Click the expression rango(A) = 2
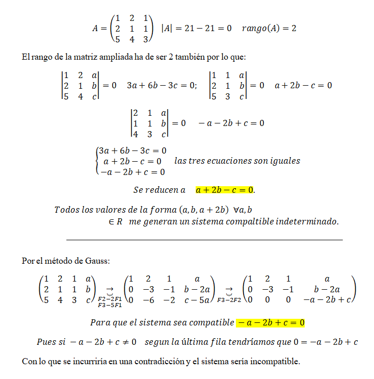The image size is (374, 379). click(270, 28)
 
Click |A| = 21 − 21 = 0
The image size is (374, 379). click(198, 28)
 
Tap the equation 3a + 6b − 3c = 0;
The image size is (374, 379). click(162, 85)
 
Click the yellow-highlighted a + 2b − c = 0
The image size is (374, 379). click(225, 190)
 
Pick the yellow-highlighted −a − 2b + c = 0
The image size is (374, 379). click(270, 322)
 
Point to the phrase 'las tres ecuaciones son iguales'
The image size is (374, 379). click(237, 161)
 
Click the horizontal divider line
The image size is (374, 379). click(204, 239)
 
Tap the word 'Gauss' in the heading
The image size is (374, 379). click(97, 261)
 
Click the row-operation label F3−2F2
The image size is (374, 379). click(228, 300)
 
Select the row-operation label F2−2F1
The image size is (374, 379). click(110, 298)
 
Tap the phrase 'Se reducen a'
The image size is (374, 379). click(159, 190)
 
